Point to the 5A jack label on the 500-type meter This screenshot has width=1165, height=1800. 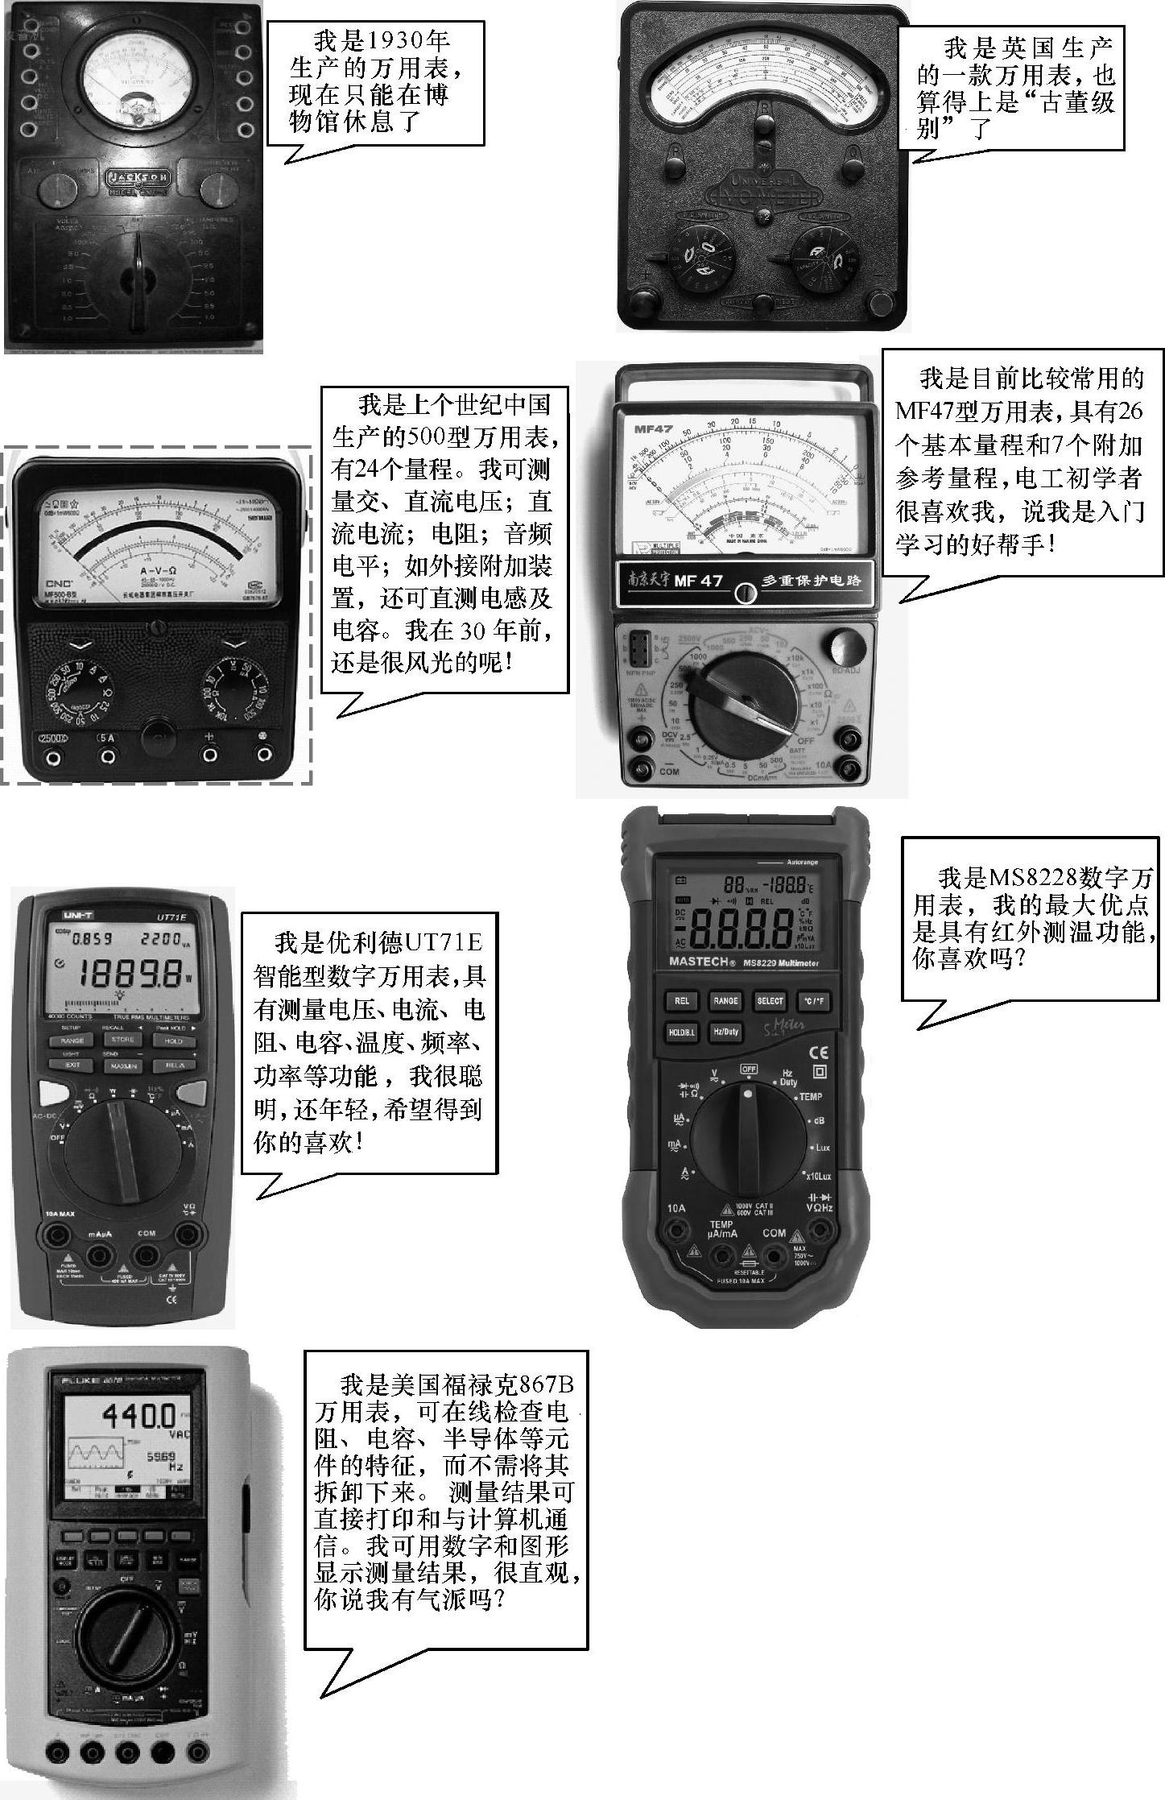point(106,737)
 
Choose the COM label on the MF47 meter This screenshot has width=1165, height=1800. point(669,771)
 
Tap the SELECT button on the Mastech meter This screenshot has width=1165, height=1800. point(770,1000)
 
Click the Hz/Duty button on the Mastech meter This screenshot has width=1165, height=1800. point(725,1032)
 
